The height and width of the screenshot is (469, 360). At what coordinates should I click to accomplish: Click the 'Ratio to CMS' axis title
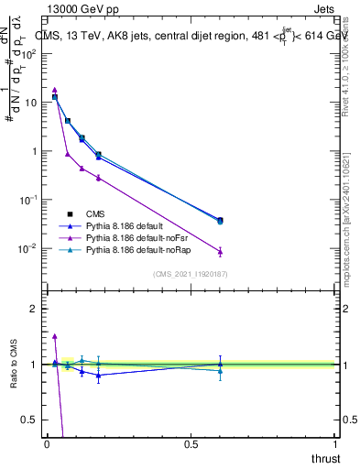point(14,362)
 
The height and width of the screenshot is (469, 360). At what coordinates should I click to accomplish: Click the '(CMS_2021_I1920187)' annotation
point(191,274)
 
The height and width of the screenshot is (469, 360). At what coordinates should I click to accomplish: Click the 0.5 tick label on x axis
point(191,444)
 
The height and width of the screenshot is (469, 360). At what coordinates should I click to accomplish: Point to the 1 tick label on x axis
point(335,444)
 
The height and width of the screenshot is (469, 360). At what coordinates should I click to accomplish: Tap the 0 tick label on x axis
point(47,444)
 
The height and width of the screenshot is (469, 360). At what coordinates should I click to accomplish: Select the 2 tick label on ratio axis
point(34,309)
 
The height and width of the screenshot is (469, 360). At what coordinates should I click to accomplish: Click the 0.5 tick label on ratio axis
point(30,420)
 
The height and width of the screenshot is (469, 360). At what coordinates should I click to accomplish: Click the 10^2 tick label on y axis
point(28,53)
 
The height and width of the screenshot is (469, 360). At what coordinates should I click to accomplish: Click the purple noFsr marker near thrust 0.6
point(220,251)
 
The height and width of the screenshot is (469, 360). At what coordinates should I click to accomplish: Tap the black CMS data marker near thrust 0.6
point(220,220)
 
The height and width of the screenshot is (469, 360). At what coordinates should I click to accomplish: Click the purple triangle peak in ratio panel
point(55,336)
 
